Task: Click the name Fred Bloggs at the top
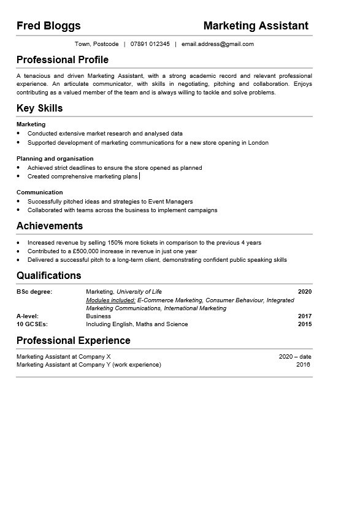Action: [x=48, y=26]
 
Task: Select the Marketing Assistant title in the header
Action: [x=256, y=26]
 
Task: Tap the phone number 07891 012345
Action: [x=150, y=44]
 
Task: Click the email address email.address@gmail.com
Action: [x=217, y=44]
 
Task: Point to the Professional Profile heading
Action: [x=63, y=60]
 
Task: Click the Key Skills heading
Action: [x=40, y=109]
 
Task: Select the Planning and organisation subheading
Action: [x=55, y=158]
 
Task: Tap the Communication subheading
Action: [x=40, y=192]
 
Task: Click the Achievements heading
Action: [x=50, y=226]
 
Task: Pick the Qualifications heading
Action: [x=49, y=276]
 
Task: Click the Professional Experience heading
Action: [x=74, y=341]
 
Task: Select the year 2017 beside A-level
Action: [x=305, y=316]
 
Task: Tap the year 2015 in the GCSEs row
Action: [x=305, y=324]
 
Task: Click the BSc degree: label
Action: [x=34, y=292]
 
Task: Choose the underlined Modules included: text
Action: [x=111, y=300]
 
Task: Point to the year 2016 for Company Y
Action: [x=303, y=365]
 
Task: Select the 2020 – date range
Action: [x=295, y=356]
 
